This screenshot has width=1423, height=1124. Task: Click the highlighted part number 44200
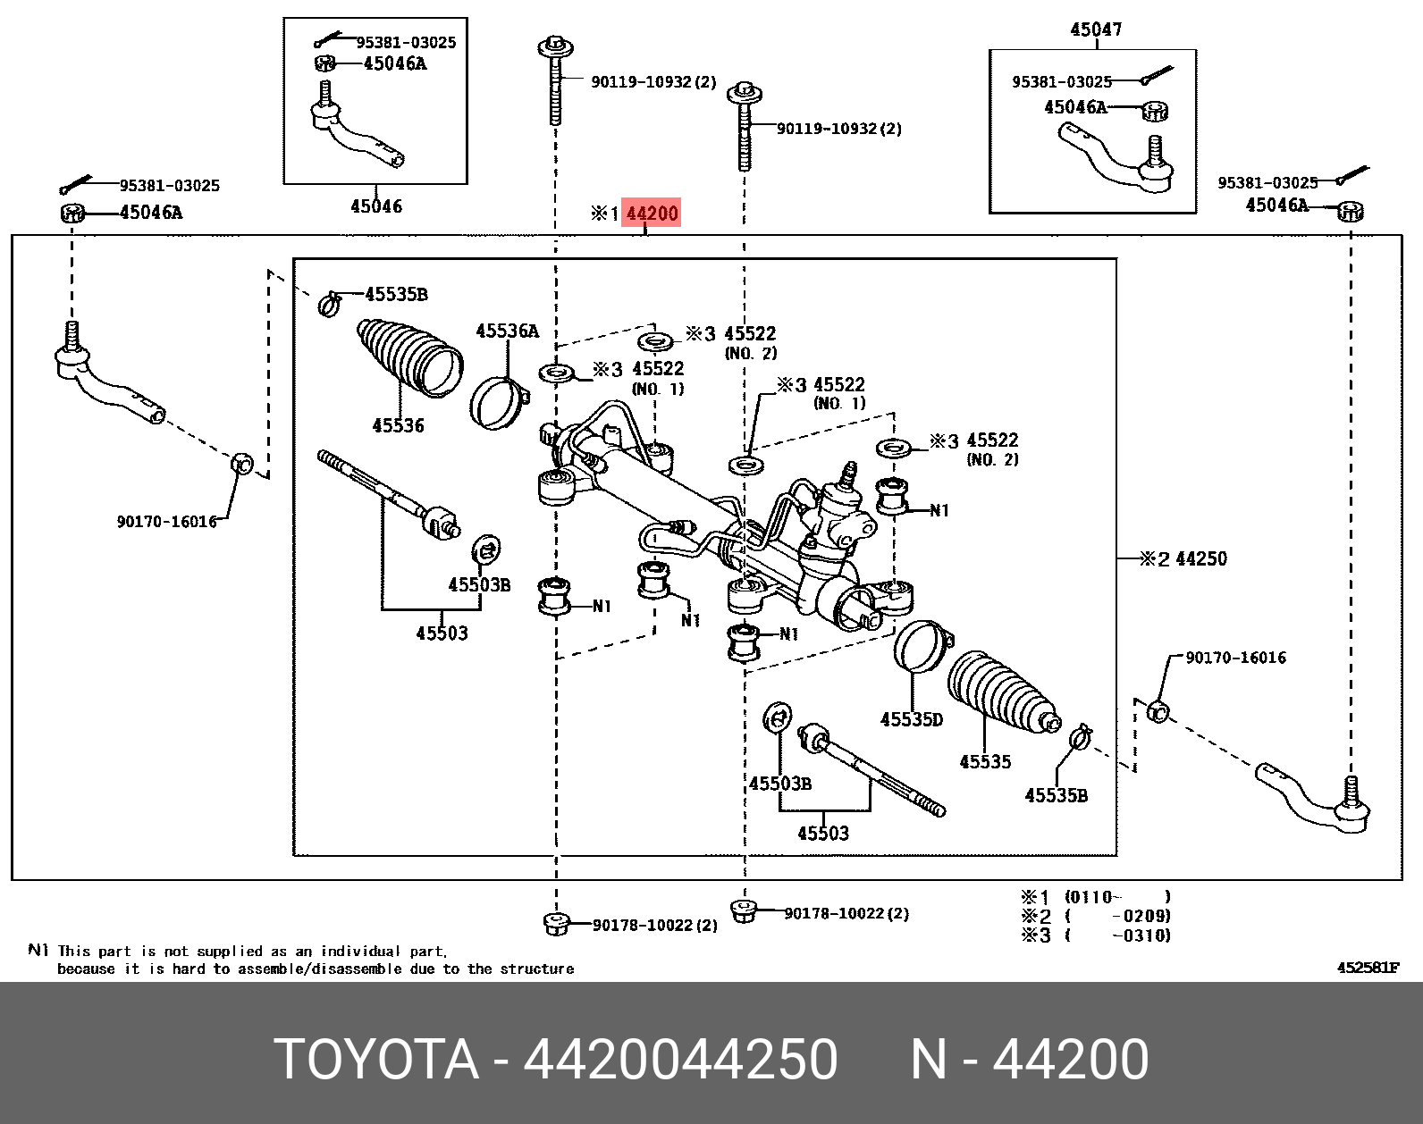click(x=652, y=214)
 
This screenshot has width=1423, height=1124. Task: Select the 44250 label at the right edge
click(x=1200, y=559)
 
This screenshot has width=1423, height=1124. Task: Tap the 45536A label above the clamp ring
click(x=507, y=331)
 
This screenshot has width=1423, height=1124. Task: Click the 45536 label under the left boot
click(x=398, y=426)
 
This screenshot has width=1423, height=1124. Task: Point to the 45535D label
click(x=911, y=719)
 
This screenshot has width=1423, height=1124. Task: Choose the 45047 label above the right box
click(x=1096, y=29)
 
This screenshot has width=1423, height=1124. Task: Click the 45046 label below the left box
click(x=376, y=206)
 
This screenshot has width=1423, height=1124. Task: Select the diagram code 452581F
click(x=1368, y=968)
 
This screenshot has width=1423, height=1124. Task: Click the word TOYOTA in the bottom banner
click(x=376, y=1060)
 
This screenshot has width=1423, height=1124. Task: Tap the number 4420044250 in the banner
click(x=680, y=1060)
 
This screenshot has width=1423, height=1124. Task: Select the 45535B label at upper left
click(x=396, y=294)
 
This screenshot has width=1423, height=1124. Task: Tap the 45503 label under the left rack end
click(x=442, y=633)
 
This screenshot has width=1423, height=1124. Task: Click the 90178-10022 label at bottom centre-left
click(x=654, y=926)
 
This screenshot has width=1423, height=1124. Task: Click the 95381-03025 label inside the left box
click(x=406, y=42)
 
